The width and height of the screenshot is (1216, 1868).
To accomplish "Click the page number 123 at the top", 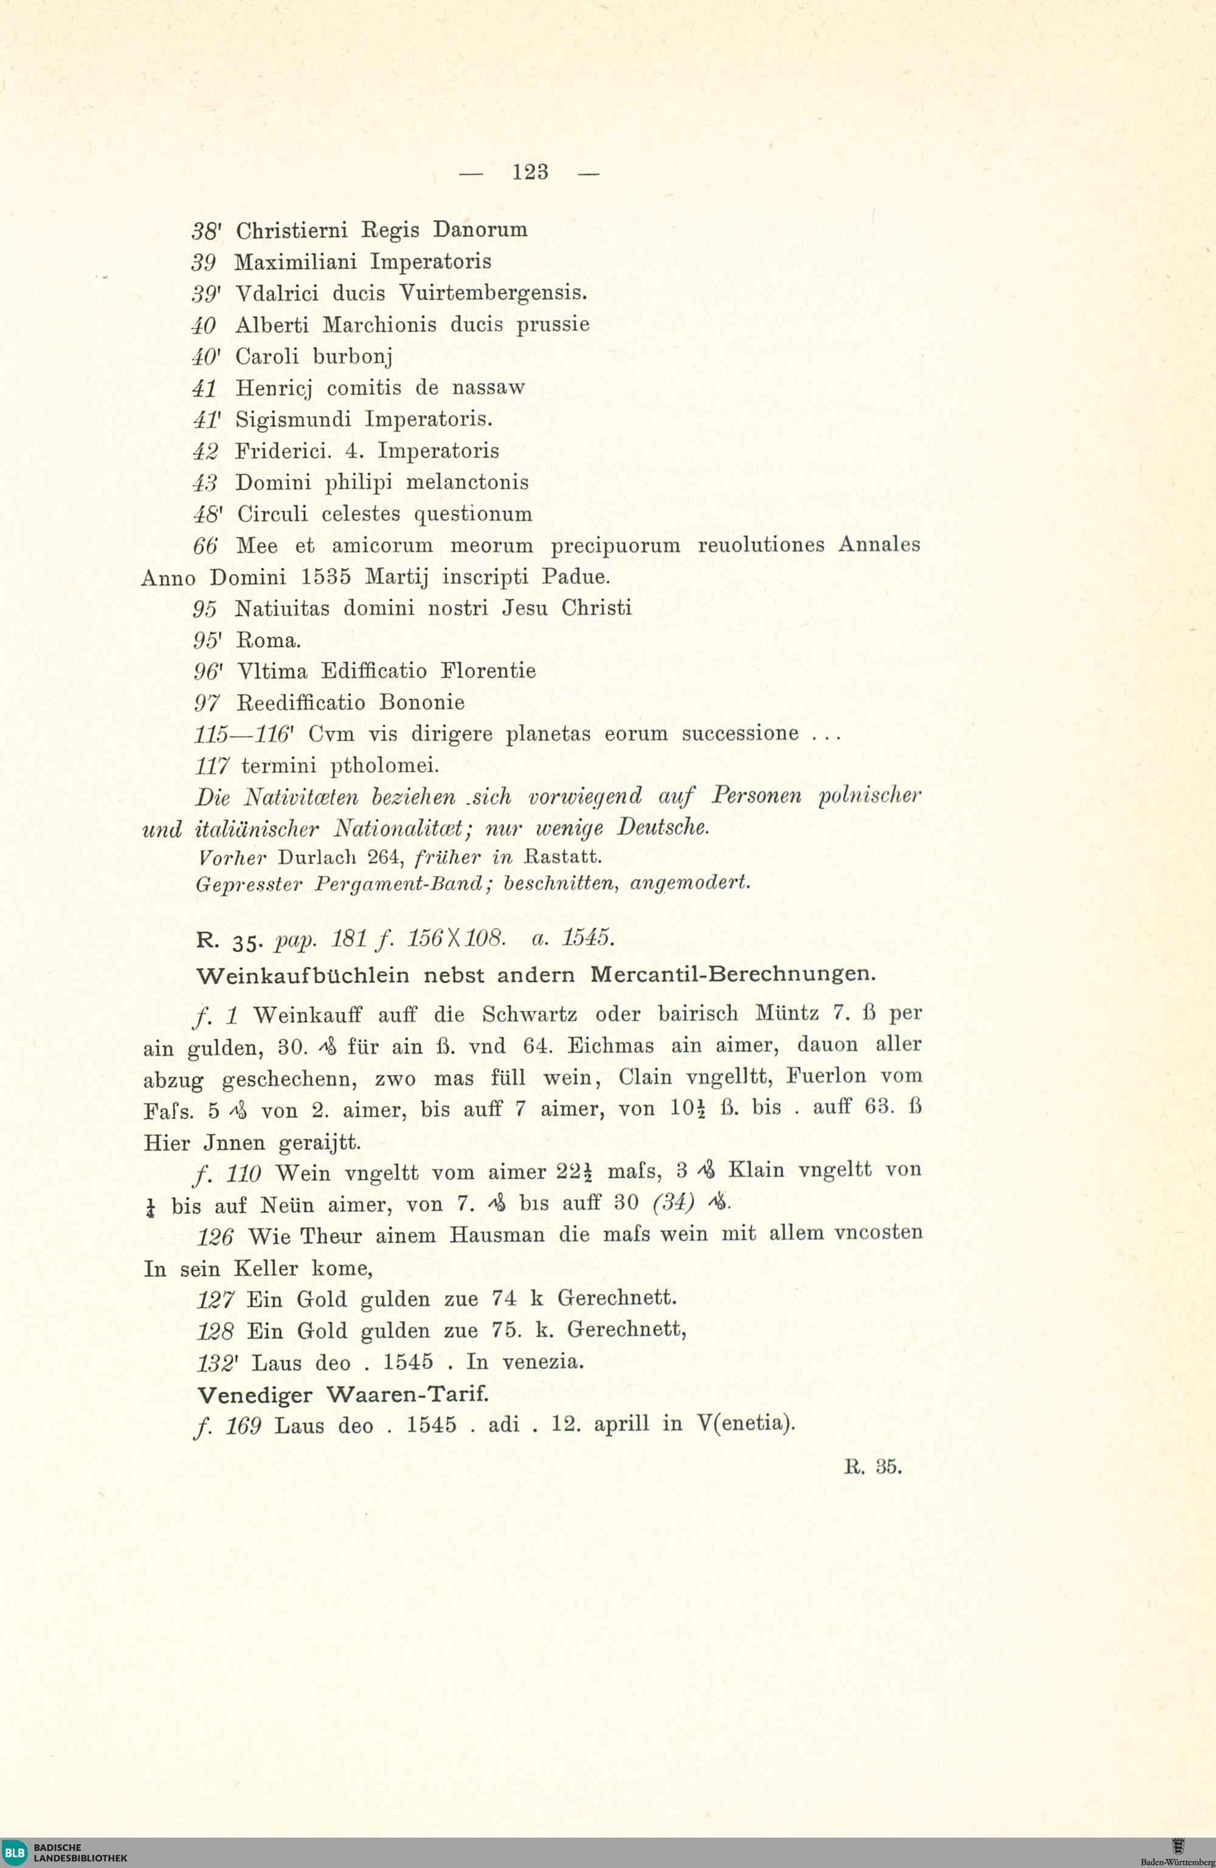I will (x=530, y=172).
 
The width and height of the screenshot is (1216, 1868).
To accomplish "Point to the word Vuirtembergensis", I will (x=492, y=294).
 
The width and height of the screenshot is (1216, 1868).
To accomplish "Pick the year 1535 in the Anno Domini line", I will (x=326, y=578).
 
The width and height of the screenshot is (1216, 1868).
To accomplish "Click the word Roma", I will (x=268, y=640).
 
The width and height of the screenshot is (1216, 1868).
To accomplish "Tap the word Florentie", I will (x=488, y=672).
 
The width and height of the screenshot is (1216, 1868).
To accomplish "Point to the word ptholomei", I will (x=384, y=765).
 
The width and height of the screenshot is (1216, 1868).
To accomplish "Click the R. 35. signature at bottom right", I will (x=872, y=1467).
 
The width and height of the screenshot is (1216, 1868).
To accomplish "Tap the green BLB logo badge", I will (x=14, y=1852).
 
